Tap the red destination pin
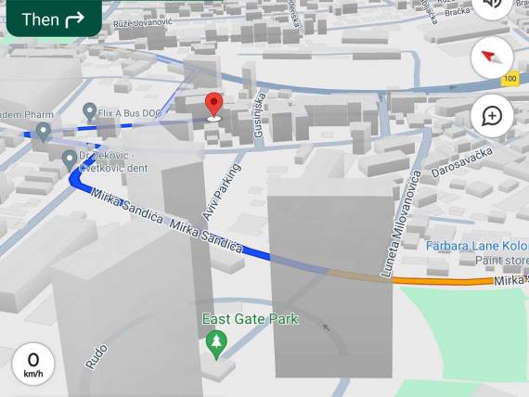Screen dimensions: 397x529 [x=214, y=105]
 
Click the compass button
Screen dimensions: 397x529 [x=492, y=58]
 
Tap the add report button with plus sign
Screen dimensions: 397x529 [x=492, y=117]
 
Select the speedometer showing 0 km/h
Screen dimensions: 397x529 [x=33, y=365]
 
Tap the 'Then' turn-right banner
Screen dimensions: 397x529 [x=53, y=19]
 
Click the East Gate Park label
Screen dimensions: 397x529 [x=252, y=319]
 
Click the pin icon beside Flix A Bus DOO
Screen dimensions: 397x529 [x=89, y=112]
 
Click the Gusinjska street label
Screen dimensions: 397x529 [x=259, y=116]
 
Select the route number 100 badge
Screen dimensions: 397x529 [x=510, y=80]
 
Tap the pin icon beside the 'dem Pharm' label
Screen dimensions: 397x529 [x=43, y=131]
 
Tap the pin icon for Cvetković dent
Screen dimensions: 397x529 [x=70, y=160]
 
